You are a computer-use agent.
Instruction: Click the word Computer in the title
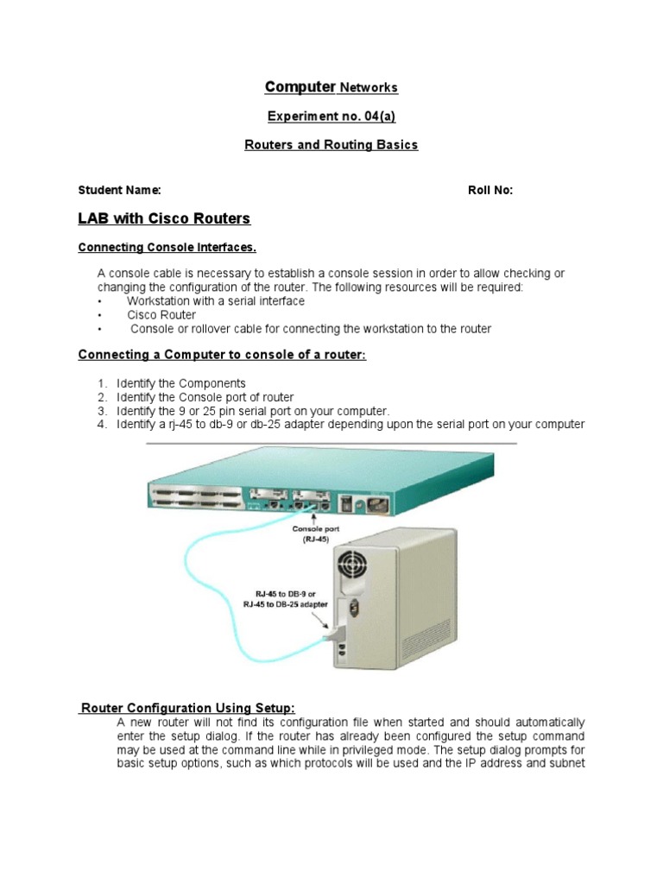pyautogui.click(x=300, y=86)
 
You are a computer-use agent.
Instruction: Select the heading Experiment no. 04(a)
pyautogui.click(x=331, y=116)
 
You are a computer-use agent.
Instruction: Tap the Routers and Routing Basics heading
pyautogui.click(x=331, y=145)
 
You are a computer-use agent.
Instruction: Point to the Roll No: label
pyautogui.click(x=490, y=191)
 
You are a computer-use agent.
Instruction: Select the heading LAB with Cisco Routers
pyautogui.click(x=164, y=218)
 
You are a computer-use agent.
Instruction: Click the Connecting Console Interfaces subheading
pyautogui.click(x=167, y=248)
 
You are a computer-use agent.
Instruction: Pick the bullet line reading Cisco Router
pyautogui.click(x=161, y=315)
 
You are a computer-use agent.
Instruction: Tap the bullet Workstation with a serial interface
pyautogui.click(x=215, y=301)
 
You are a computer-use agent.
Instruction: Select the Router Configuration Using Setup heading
pyautogui.click(x=187, y=709)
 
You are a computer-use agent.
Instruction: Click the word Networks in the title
pyautogui.click(x=369, y=87)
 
